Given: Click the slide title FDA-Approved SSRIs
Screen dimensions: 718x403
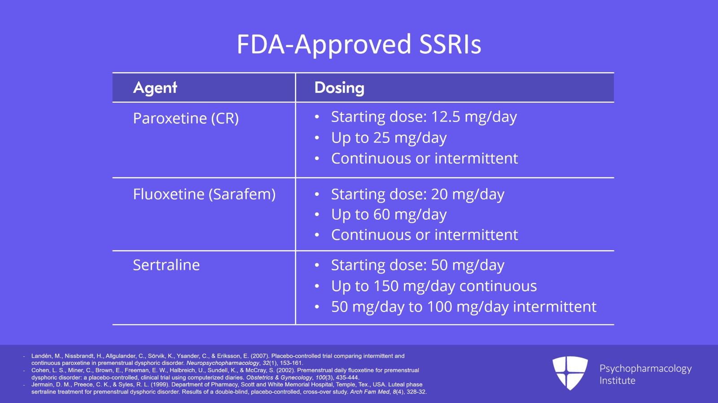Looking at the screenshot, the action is pyautogui.click(x=359, y=44).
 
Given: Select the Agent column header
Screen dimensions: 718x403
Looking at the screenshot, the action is pyautogui.click(x=155, y=88).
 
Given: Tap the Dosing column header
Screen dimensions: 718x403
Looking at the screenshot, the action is pyautogui.click(x=339, y=88).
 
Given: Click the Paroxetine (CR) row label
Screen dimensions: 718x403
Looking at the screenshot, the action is pyautogui.click(x=186, y=118).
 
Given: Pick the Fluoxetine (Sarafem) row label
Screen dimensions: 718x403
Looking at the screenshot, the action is pyautogui.click(x=204, y=194).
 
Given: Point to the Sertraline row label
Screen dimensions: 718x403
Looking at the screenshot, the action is pyautogui.click(x=166, y=265).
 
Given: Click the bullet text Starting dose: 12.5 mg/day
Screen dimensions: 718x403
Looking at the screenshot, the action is pyautogui.click(x=424, y=117).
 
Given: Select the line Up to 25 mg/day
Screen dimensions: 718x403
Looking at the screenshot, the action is pyautogui.click(x=389, y=138).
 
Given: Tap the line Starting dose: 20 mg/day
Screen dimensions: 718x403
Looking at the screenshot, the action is pyautogui.click(x=418, y=194).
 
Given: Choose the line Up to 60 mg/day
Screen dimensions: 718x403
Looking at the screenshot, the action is pyautogui.click(x=389, y=214).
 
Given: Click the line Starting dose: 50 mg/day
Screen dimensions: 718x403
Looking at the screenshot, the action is pyautogui.click(x=418, y=265).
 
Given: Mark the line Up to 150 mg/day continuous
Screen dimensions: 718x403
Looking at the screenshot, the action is pyautogui.click(x=434, y=286).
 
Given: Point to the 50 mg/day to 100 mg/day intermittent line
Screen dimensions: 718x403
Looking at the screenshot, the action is pyautogui.click(x=464, y=307).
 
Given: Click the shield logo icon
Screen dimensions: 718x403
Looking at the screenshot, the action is pyautogui.click(x=570, y=373).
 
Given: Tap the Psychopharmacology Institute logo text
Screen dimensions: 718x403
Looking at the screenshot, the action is pyautogui.click(x=646, y=374).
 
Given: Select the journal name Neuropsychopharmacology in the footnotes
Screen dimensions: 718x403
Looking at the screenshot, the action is pyautogui.click(x=223, y=363).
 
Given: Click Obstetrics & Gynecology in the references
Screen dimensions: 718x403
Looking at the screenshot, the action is pyautogui.click(x=279, y=377).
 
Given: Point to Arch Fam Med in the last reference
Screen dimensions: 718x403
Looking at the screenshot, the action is pyautogui.click(x=370, y=392).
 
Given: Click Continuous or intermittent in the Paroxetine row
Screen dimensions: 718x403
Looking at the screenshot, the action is pyautogui.click(x=425, y=158).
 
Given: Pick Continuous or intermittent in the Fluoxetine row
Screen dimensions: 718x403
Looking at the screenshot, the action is pyautogui.click(x=425, y=235).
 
